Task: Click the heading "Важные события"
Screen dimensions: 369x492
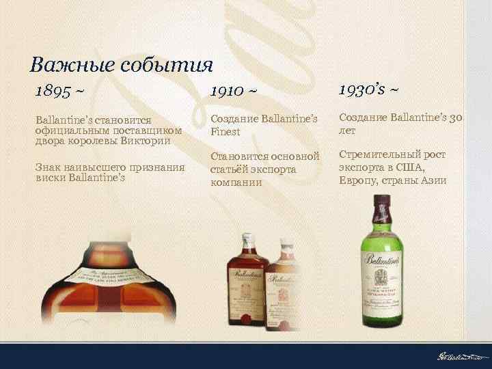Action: pyautogui.click(x=122, y=65)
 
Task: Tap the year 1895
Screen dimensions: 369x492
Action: pyautogui.click(x=54, y=91)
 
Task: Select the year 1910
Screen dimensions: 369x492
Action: pyautogui.click(x=227, y=91)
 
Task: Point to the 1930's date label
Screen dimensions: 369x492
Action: pyautogui.click(x=363, y=89)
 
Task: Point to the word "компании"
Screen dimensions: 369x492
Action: pyautogui.click(x=236, y=182)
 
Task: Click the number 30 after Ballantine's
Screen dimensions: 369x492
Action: pyautogui.click(x=457, y=118)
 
